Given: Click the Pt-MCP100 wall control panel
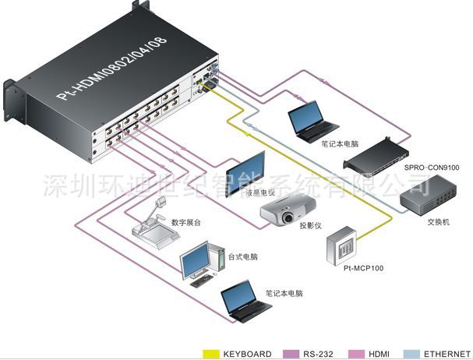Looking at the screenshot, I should tap(341, 246).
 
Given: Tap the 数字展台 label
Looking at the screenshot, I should tap(186, 222).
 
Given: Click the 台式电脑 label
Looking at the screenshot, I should tap(242, 256).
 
